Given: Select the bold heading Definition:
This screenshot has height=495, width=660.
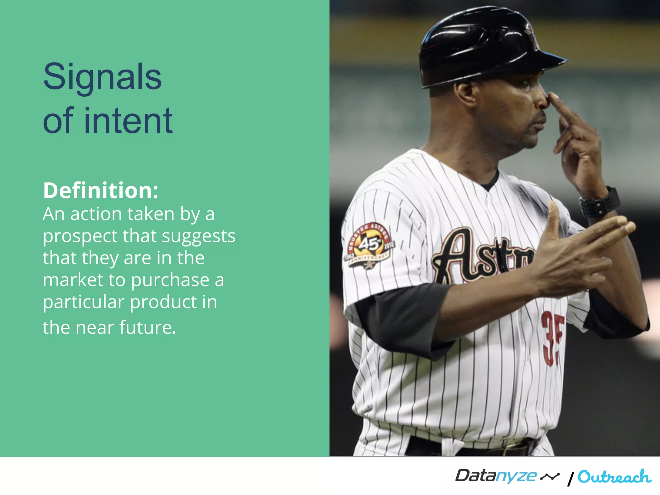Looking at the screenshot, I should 101,190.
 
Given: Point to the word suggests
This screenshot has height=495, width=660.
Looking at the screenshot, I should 199,237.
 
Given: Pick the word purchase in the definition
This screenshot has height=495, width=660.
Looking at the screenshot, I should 170,280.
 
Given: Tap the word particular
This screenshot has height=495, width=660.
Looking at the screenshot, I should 83,302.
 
